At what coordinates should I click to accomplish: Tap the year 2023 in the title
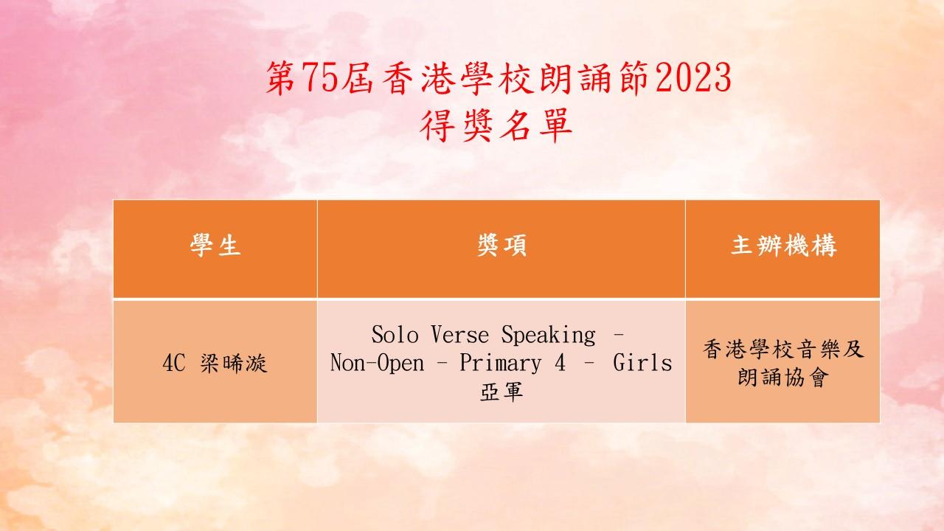(x=694, y=77)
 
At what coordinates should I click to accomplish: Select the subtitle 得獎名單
(x=496, y=125)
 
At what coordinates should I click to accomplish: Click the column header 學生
(x=215, y=246)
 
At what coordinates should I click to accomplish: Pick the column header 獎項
(x=502, y=246)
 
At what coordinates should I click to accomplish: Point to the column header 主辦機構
(x=783, y=246)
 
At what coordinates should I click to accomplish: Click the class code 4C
(x=173, y=363)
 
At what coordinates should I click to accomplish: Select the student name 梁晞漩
(x=234, y=363)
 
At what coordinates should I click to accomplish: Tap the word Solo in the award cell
(x=395, y=335)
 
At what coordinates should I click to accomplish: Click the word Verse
(x=459, y=335)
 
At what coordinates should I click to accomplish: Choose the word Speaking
(x=548, y=336)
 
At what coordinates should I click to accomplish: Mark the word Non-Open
(x=377, y=364)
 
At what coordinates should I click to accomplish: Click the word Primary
(x=500, y=364)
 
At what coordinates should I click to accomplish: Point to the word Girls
(x=642, y=363)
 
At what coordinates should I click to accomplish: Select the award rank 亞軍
(x=502, y=392)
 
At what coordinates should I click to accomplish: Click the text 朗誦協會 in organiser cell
(x=783, y=377)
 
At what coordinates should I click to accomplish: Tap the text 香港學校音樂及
(x=783, y=350)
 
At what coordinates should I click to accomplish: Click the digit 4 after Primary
(x=560, y=363)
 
